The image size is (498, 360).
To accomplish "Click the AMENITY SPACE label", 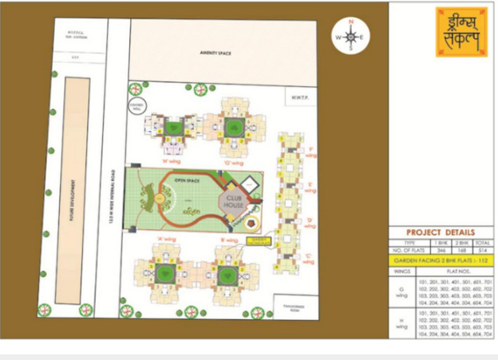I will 215,53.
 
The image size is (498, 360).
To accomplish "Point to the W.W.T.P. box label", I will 300,97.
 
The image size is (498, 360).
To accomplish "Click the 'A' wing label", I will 166,239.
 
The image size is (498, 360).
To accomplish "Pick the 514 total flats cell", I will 480,250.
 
